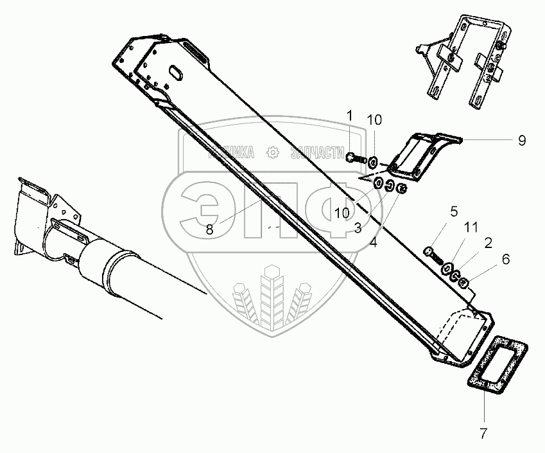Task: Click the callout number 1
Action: click(349, 115)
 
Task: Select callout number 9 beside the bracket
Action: click(522, 139)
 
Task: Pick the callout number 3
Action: click(357, 228)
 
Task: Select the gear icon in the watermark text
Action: click(273, 153)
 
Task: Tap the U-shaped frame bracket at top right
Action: click(471, 61)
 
